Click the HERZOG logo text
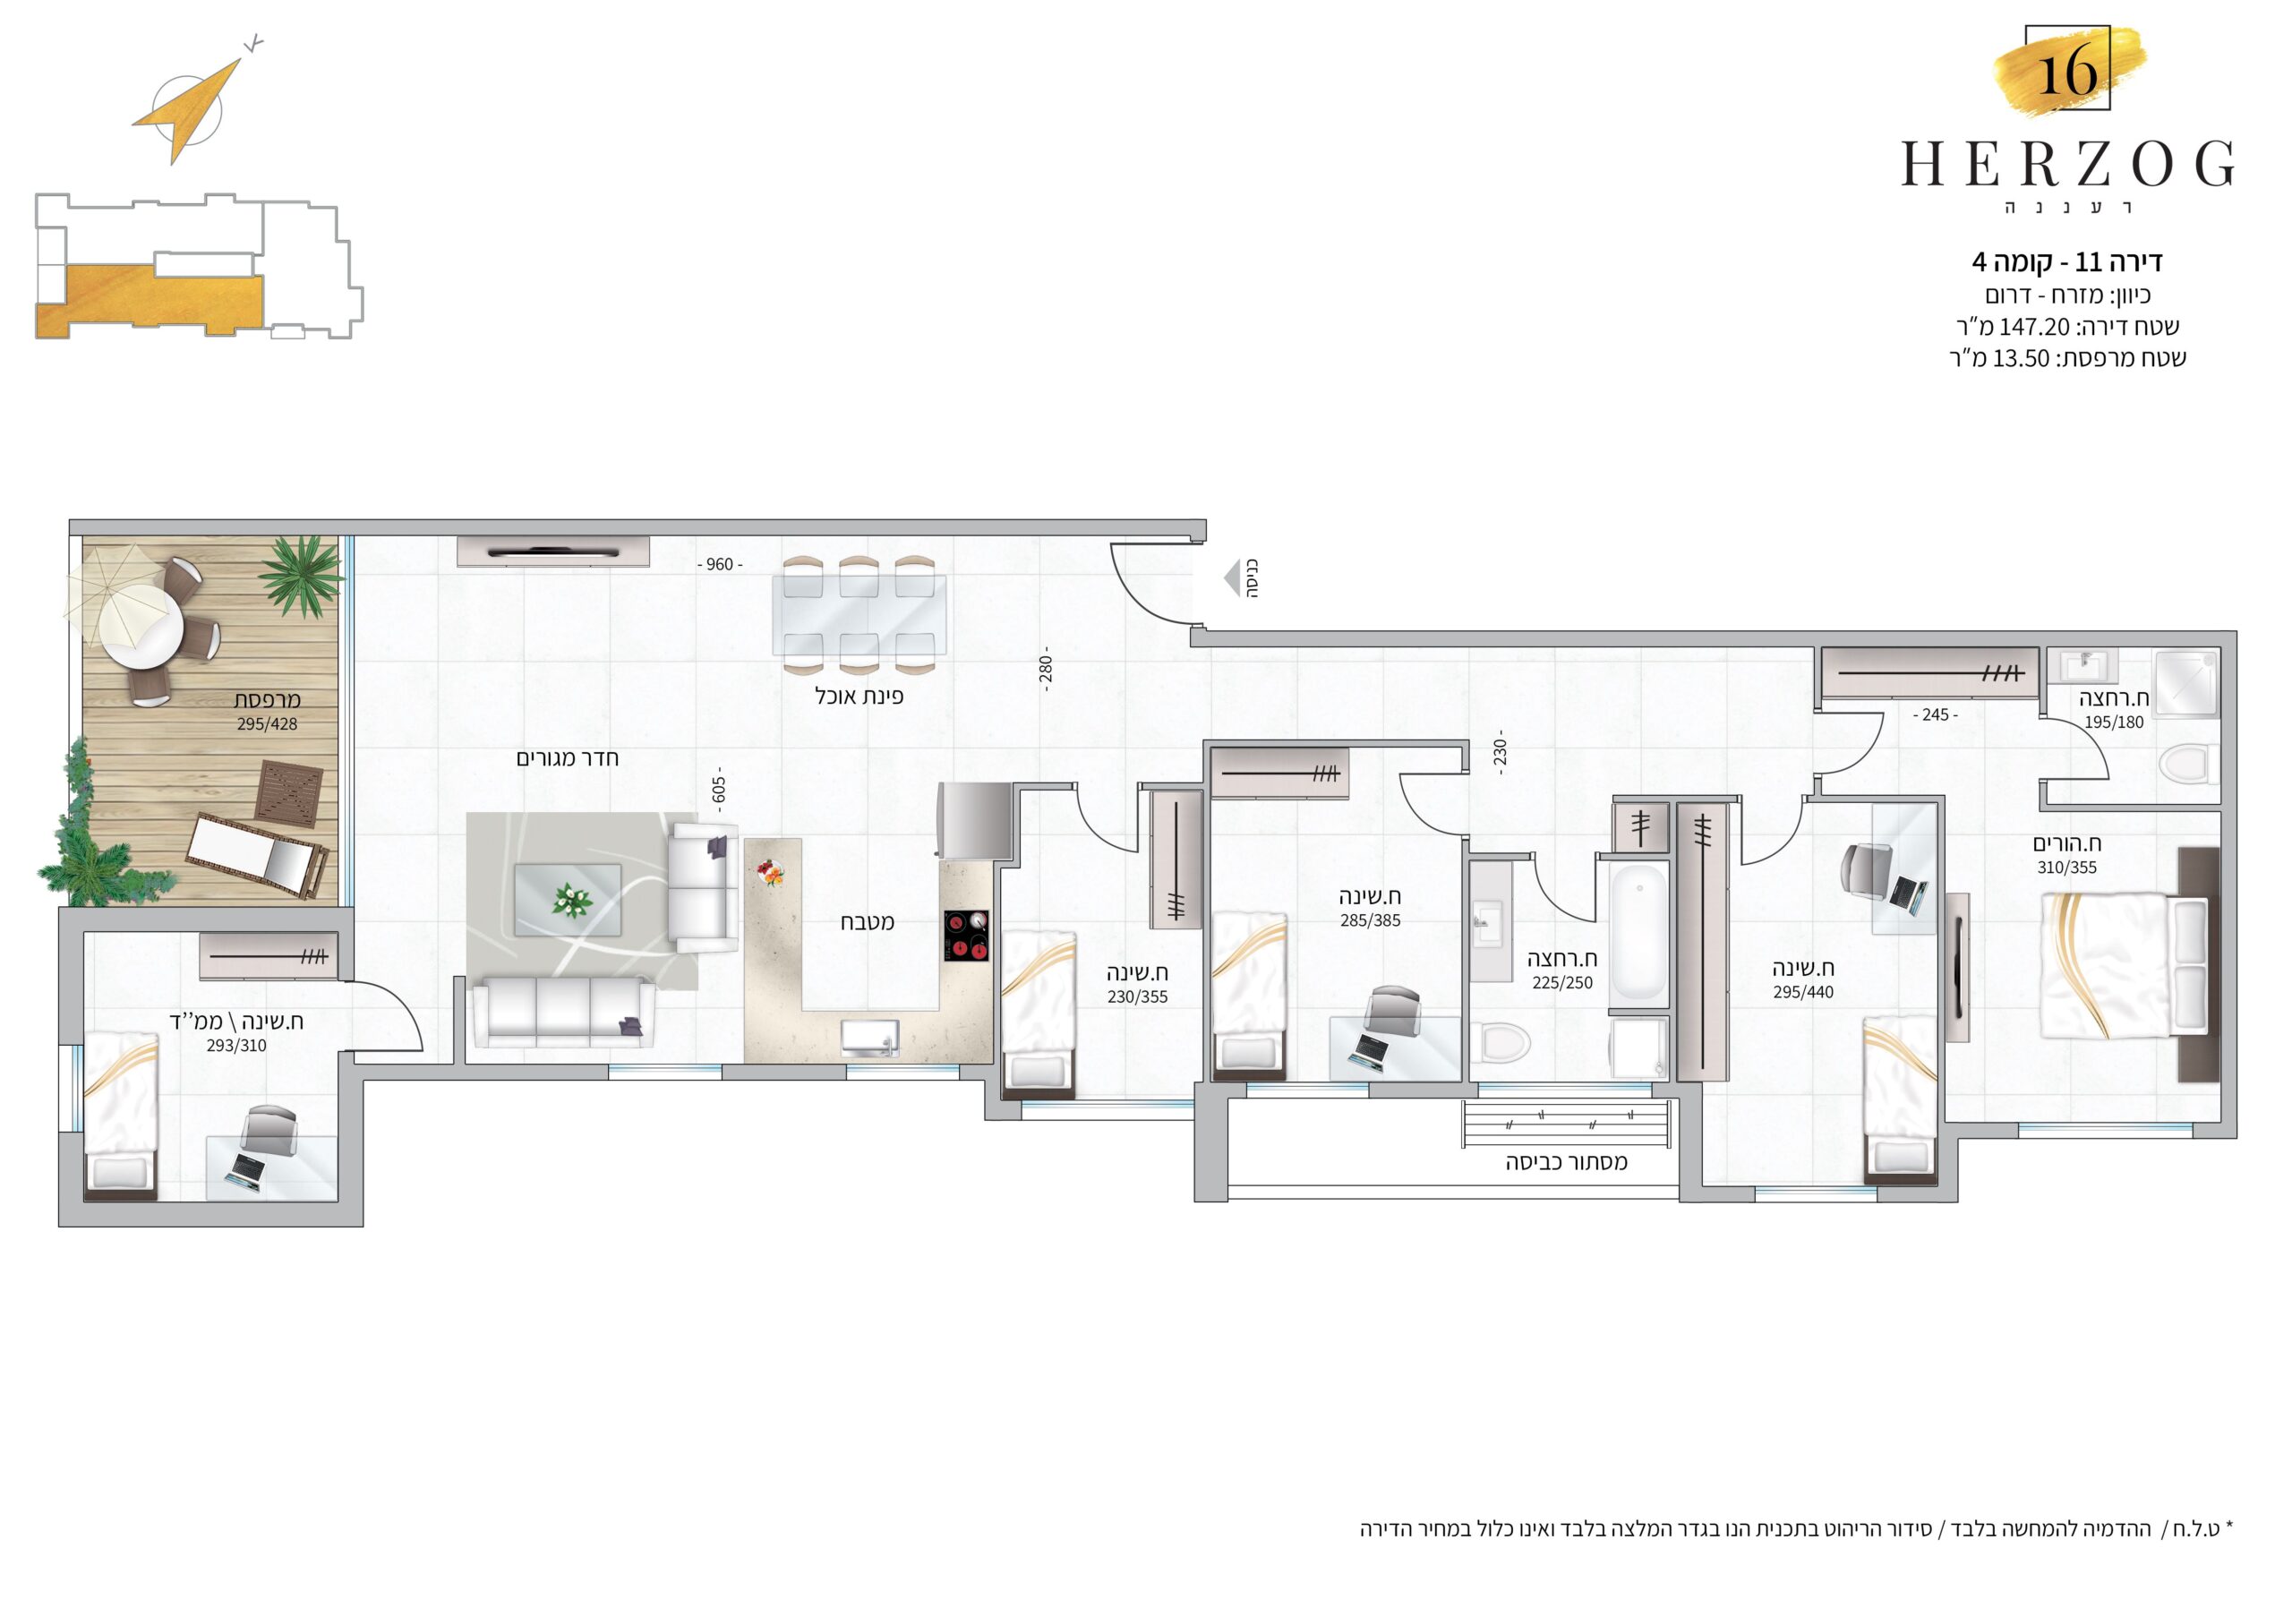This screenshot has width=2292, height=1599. tap(2067, 165)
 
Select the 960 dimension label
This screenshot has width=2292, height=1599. tap(720, 565)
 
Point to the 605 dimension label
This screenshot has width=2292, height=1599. tap(719, 791)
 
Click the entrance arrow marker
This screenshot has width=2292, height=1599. tap(1232, 578)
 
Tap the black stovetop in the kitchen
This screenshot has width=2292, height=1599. tap(966, 936)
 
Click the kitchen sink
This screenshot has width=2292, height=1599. tap(869, 1038)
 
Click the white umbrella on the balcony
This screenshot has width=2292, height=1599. tap(112, 594)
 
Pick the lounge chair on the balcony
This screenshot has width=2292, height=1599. tap(258, 854)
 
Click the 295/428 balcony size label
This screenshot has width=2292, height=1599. tap(268, 723)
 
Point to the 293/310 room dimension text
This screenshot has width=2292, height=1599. tap(236, 1046)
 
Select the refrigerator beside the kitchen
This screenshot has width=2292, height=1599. tap(975, 819)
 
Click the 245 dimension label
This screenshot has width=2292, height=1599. tap(1936, 714)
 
